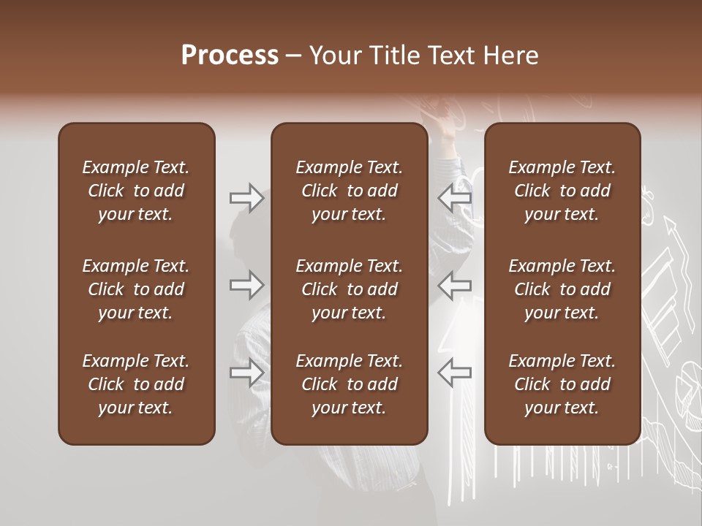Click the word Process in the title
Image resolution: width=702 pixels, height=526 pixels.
pos(230,56)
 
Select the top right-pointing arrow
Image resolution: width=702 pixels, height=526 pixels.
pos(246,198)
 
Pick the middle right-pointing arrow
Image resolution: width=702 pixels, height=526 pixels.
pos(246,285)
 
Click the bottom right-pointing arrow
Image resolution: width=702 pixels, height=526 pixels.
pos(246,373)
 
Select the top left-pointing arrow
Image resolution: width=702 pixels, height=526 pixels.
pos(455,198)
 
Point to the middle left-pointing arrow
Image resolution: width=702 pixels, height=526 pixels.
pos(455,285)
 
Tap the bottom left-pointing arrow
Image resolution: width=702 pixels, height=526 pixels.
pos(455,373)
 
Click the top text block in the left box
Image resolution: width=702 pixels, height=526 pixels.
pos(136,191)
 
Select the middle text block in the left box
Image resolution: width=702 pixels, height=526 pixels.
pos(136,289)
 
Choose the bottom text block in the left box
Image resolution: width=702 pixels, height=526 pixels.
pos(136,384)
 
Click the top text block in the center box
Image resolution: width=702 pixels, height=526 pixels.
pos(349,191)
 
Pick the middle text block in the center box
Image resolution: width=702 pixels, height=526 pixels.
pos(349,289)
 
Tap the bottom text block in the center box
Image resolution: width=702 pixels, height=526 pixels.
pos(349,384)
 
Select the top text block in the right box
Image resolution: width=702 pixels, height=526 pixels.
pos(562,191)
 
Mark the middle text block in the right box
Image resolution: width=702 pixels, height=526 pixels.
pos(562,289)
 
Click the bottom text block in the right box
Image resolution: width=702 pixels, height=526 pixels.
pos(562,384)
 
